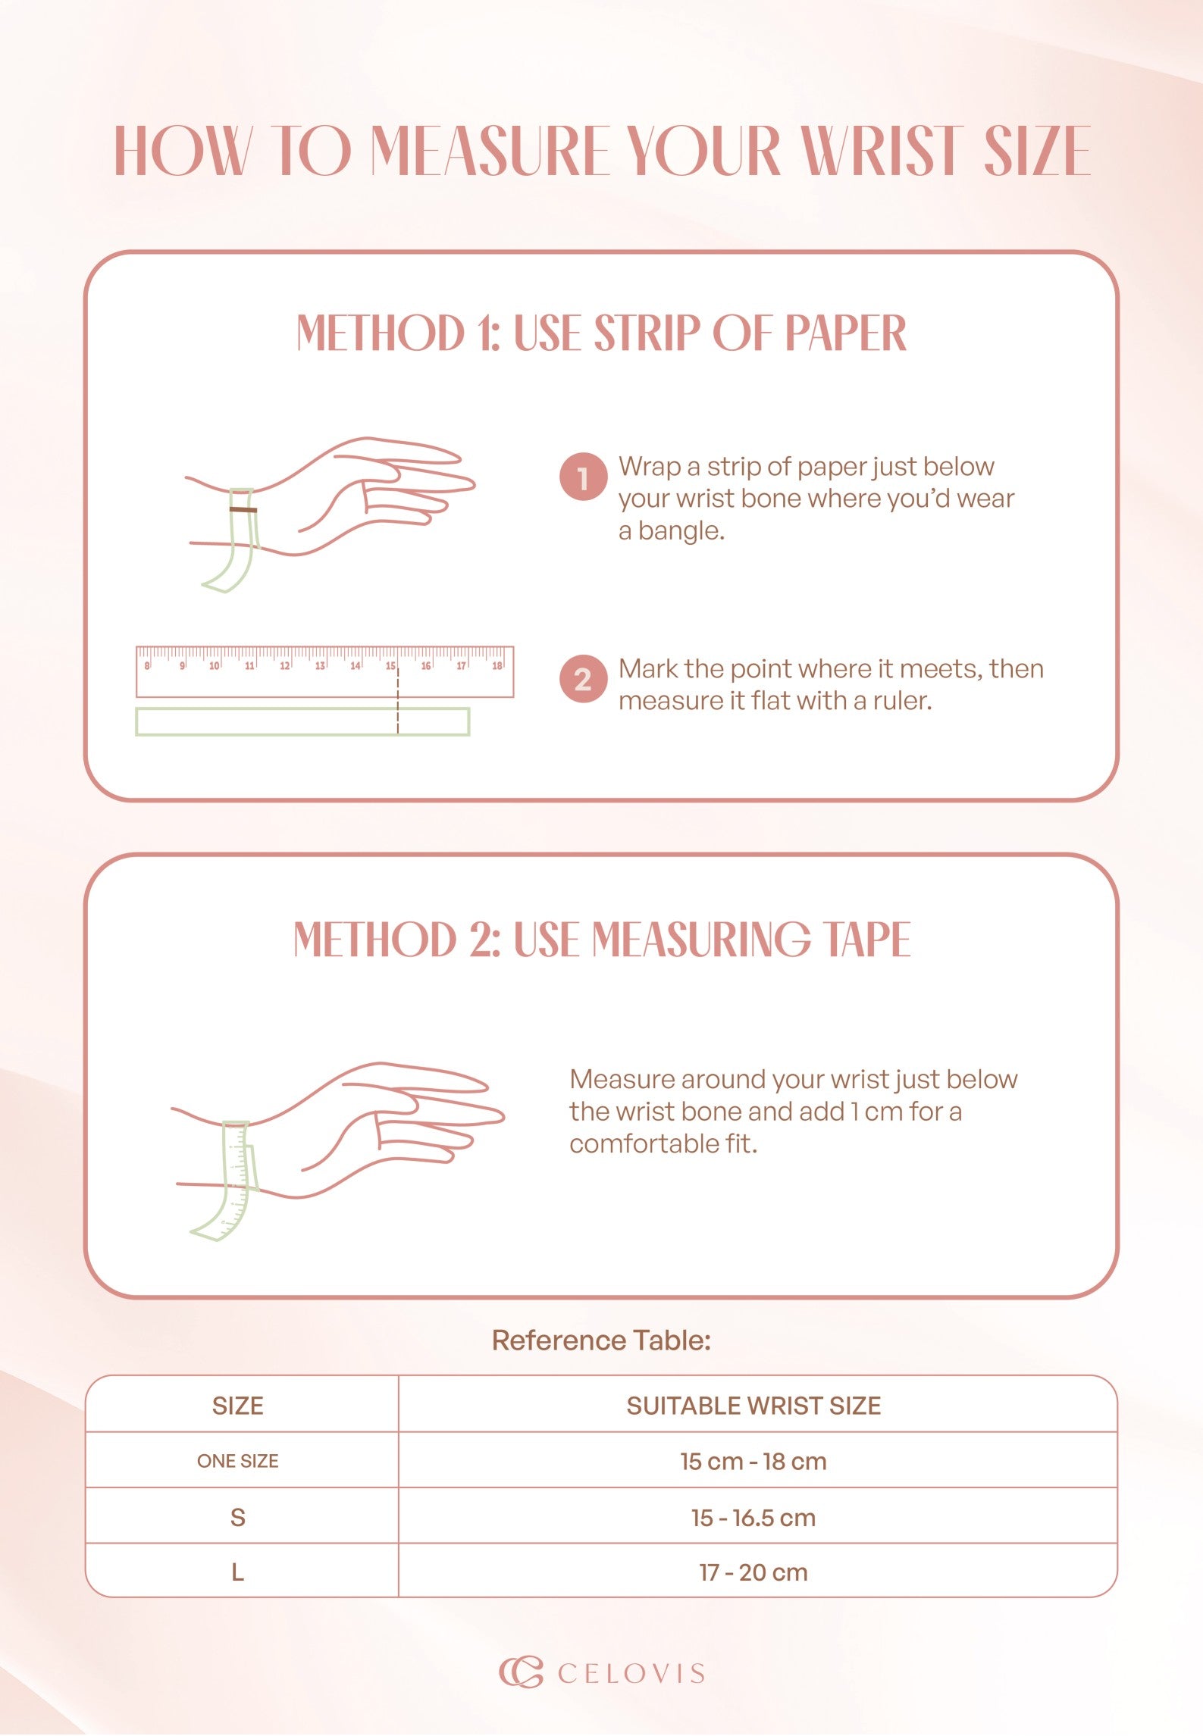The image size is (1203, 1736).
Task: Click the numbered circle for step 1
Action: coord(583,477)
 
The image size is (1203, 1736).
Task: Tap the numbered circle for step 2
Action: coord(583,679)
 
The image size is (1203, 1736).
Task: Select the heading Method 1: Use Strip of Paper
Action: coord(601,333)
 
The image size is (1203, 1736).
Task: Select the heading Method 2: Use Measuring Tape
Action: coord(602,940)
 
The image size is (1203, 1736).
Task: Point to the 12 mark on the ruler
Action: coord(285,666)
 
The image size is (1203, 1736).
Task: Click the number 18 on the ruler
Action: coord(497,666)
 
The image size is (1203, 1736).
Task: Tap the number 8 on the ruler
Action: coord(147,666)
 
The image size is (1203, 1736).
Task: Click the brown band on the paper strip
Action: coord(243,510)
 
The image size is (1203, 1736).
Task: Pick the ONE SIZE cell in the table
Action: coord(238,1461)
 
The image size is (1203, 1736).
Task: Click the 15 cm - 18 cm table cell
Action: coord(753,1461)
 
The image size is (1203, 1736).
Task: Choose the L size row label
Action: coord(238,1572)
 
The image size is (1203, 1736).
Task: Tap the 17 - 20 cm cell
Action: coord(753,1572)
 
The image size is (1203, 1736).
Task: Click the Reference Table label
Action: coord(602,1340)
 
